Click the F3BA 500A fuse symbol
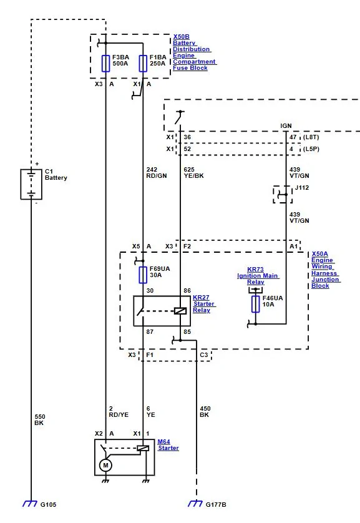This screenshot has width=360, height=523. (x=105, y=64)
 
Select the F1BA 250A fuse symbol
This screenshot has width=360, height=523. (x=143, y=64)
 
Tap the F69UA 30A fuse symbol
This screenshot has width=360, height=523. (x=143, y=275)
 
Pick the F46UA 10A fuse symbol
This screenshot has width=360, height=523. (x=256, y=304)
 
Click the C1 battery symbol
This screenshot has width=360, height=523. (x=31, y=185)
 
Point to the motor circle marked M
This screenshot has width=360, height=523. (x=105, y=466)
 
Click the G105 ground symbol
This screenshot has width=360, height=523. (x=30, y=504)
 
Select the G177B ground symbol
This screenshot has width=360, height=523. (x=195, y=504)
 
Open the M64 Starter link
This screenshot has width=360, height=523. (x=168, y=445)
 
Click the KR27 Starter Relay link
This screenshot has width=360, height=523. (x=204, y=303)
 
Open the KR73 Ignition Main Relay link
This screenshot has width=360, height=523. (x=258, y=275)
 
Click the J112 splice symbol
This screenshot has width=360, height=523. (x=283, y=195)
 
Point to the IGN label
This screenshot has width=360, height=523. (x=286, y=125)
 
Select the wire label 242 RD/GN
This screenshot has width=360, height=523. (x=157, y=173)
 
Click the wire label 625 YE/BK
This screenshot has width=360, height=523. (x=193, y=173)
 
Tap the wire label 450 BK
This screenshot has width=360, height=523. (x=205, y=411)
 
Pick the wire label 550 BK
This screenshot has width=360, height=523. (x=40, y=419)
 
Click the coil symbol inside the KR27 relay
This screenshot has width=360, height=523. (x=180, y=311)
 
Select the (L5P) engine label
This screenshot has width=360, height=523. (x=311, y=149)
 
